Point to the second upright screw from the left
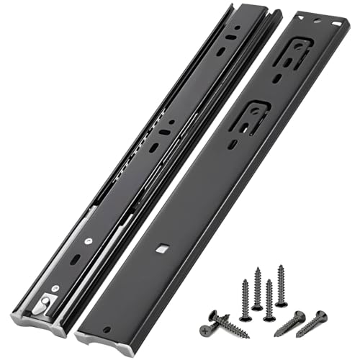click(257, 289)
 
